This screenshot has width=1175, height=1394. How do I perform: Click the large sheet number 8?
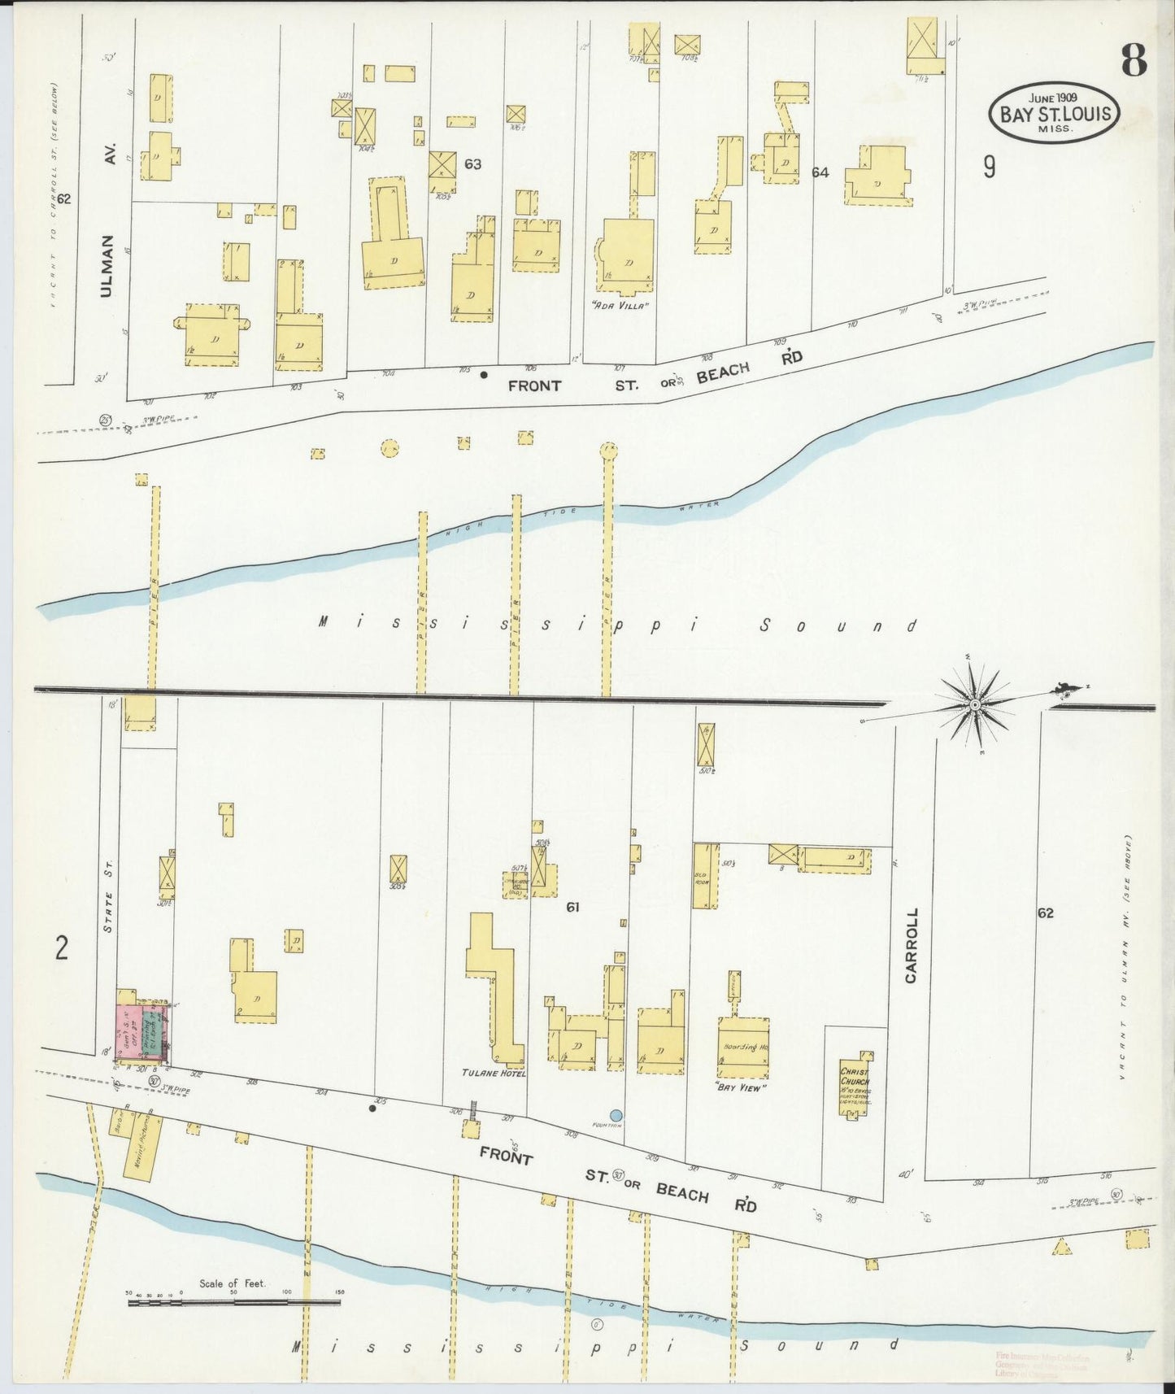click(1134, 59)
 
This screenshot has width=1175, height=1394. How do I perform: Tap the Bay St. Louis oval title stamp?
click(1055, 112)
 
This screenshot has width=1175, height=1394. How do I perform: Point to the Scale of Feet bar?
click(233, 1302)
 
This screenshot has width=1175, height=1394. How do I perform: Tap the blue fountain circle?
click(616, 1115)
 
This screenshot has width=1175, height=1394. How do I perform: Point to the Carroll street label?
click(911, 945)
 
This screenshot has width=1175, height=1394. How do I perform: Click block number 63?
click(472, 164)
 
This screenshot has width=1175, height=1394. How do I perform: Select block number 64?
click(820, 172)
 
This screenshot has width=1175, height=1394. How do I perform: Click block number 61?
click(572, 907)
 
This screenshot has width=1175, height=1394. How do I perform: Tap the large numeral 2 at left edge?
click(62, 948)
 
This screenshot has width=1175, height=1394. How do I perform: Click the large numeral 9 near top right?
click(989, 167)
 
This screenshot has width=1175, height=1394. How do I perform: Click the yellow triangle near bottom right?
click(1061, 1246)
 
